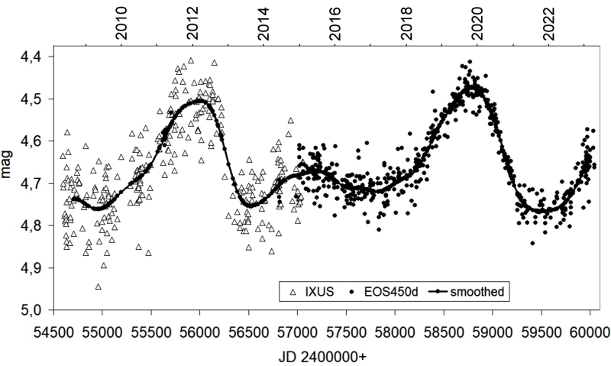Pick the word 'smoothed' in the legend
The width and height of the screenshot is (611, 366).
click(476, 291)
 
